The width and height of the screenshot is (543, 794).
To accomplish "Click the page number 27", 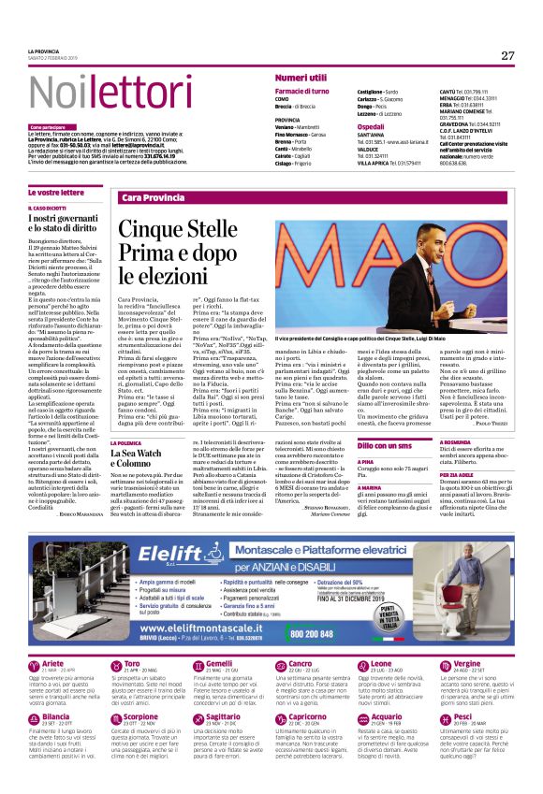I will point(507,55).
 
